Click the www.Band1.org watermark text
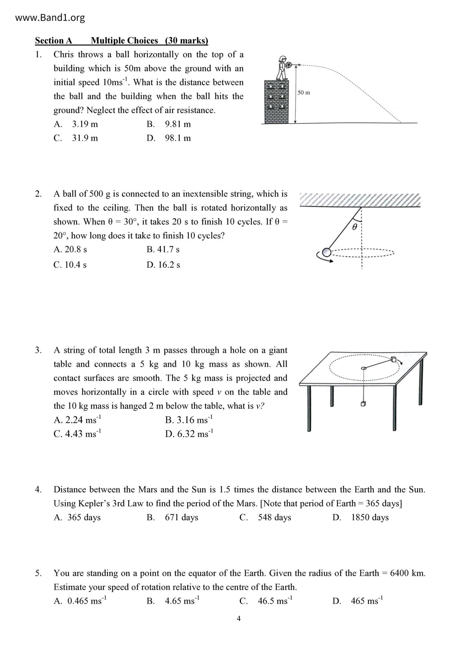point(50,18)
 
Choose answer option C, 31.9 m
point(76,138)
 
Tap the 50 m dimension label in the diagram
point(304,93)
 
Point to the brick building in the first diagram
point(276,101)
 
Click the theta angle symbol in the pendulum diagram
point(354,226)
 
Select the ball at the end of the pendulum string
point(326,252)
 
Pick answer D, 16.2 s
point(163,265)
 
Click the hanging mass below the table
point(363,404)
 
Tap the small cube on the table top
point(394,359)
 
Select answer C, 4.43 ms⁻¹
point(77,434)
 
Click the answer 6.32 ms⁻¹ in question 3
point(189,434)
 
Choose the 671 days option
point(173,517)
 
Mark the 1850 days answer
point(361,517)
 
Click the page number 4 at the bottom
point(239,619)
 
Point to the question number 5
point(39,574)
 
